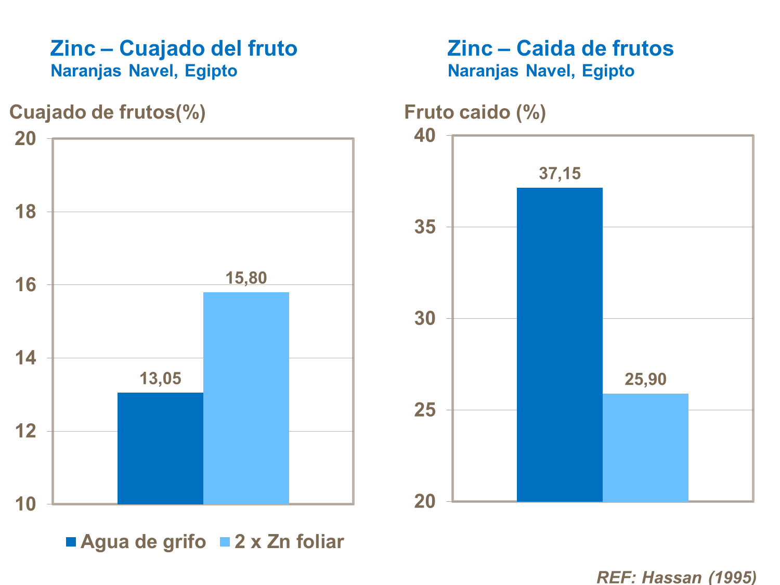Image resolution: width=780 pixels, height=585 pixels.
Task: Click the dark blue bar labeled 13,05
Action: (160, 448)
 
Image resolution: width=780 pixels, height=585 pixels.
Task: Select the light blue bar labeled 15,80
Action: (246, 398)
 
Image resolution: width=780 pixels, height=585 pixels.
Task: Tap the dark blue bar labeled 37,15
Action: (560, 344)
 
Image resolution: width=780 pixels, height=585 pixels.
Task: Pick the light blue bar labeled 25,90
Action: (645, 447)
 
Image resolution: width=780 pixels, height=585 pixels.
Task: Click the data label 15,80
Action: (246, 278)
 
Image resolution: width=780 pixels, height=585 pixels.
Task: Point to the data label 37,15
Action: (560, 173)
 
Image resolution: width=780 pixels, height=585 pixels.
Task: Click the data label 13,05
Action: (160, 379)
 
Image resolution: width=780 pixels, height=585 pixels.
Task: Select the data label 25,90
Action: (645, 380)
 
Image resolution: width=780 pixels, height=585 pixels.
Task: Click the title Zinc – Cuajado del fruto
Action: (174, 48)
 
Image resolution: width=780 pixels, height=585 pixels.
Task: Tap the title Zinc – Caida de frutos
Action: (560, 48)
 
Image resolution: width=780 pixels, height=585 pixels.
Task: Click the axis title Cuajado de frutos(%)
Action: (108, 112)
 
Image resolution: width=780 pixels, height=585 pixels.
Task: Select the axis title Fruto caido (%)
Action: (475, 112)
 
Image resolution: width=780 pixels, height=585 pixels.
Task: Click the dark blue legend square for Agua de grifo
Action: (71, 542)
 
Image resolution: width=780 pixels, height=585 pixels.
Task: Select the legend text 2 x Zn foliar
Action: (289, 542)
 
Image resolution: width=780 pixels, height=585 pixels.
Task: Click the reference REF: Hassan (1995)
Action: (676, 577)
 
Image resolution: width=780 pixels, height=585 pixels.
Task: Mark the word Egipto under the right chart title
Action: (608, 71)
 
